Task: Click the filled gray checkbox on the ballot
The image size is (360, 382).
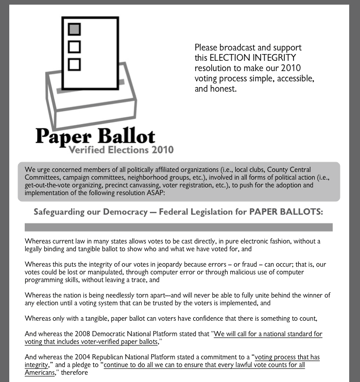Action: [75, 29]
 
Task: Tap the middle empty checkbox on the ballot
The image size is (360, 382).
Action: [75, 46]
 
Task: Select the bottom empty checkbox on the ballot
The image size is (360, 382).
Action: [75, 64]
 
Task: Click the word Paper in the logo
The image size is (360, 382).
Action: [63, 135]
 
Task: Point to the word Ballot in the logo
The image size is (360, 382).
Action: [125, 135]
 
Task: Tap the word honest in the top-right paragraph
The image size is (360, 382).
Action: [221, 89]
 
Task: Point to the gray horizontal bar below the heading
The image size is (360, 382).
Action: [178, 227]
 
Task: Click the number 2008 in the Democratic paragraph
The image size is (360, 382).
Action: [82, 334]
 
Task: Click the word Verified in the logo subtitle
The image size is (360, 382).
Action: [88, 150]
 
